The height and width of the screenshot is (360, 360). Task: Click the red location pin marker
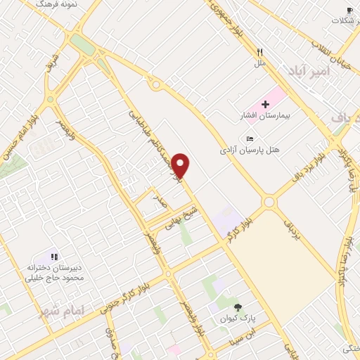click(x=181, y=165)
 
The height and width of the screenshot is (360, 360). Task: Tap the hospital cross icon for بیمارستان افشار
click(x=265, y=104)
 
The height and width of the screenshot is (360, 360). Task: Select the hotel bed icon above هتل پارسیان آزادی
click(x=250, y=139)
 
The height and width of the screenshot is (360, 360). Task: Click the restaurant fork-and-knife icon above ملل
click(x=259, y=52)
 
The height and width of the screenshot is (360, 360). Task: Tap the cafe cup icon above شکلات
click(x=349, y=10)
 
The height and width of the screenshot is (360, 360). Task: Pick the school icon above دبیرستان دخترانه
click(x=54, y=257)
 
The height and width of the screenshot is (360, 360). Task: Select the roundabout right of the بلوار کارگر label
click(x=269, y=202)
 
